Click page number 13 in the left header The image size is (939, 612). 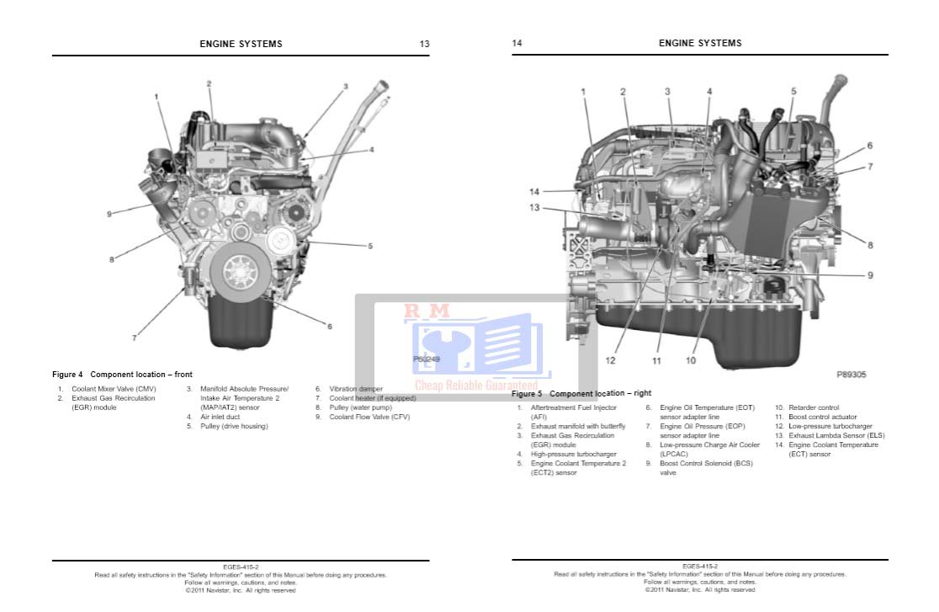click(x=424, y=44)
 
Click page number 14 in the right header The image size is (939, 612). click(x=517, y=43)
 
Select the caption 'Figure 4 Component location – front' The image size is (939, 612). click(x=122, y=375)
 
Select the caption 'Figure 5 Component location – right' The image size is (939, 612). click(x=581, y=393)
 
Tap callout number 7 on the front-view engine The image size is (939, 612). click(x=134, y=338)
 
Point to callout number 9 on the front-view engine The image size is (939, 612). click(x=109, y=214)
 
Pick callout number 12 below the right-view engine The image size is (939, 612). click(x=610, y=360)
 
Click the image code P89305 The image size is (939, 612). click(x=851, y=375)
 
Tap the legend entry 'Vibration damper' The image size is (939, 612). click(x=356, y=389)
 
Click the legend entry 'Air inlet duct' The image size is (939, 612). click(x=220, y=417)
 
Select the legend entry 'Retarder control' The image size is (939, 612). click(x=813, y=407)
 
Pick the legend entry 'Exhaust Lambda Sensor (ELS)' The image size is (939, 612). click(x=836, y=435)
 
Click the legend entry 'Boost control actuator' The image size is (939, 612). click(x=822, y=417)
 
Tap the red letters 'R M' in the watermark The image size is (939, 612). click(x=427, y=311)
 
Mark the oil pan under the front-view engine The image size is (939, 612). click(x=241, y=328)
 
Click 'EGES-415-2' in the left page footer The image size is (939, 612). click(x=241, y=567)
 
